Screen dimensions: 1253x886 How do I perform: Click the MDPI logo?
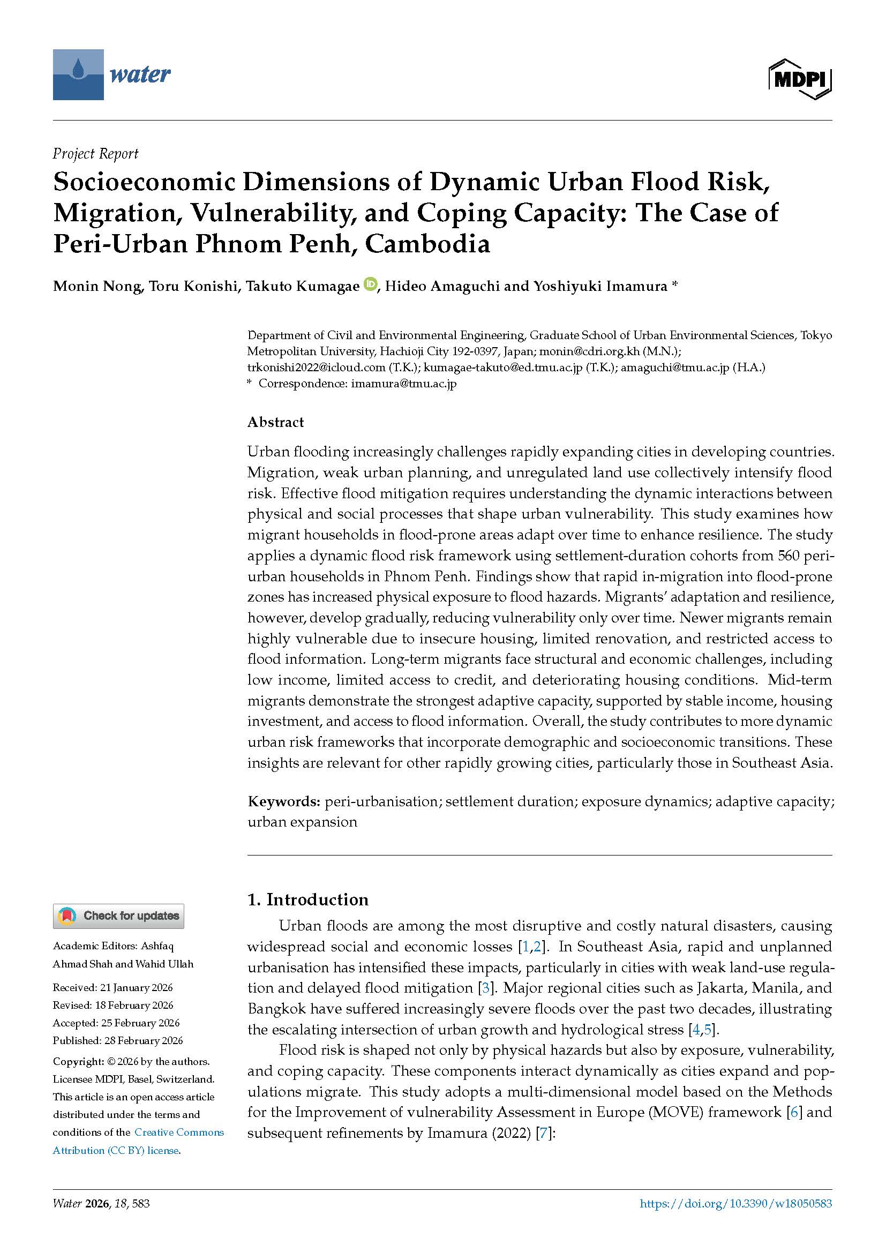tap(800, 79)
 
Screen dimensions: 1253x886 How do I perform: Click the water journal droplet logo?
tap(78, 74)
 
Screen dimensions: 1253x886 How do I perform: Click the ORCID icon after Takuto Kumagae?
tap(371, 284)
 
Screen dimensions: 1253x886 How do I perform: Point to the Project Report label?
tap(95, 154)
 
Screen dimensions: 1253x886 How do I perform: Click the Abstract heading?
tap(275, 422)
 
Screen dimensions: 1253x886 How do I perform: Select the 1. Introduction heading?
tap(307, 899)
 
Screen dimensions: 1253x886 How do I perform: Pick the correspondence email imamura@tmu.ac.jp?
tap(404, 383)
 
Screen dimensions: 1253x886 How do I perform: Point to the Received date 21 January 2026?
tap(112, 987)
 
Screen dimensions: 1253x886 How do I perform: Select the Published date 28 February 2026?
tap(117, 1040)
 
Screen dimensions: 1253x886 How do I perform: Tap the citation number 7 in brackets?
tap(543, 1133)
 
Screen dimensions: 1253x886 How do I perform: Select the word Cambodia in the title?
tap(427, 243)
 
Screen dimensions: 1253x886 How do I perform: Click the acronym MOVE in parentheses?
tap(675, 1112)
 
